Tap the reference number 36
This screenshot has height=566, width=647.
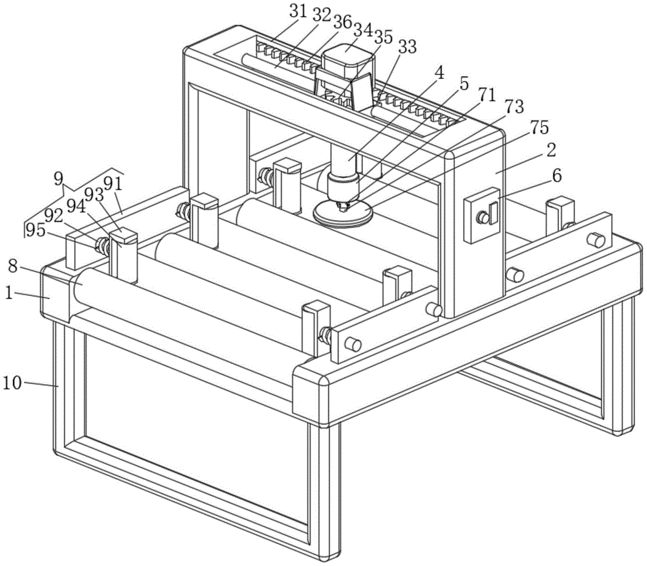pyautogui.click(x=342, y=22)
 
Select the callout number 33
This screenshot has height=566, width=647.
pyautogui.click(x=407, y=47)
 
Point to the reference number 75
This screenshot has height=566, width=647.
pyautogui.click(x=540, y=127)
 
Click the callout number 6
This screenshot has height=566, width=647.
pyautogui.click(x=556, y=175)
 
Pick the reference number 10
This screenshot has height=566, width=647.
pyautogui.click(x=12, y=383)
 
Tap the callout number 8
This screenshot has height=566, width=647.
pyautogui.click(x=13, y=266)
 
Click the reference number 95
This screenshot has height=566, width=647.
pyautogui.click(x=35, y=230)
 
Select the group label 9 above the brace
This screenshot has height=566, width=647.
pyautogui.click(x=59, y=179)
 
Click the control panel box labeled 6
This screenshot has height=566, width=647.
pyautogui.click(x=482, y=215)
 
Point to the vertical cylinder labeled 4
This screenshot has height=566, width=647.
pyautogui.click(x=343, y=159)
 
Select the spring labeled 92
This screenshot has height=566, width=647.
pyautogui.click(x=102, y=245)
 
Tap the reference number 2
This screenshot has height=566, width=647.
pyautogui.click(x=551, y=150)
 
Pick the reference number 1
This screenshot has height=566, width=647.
pyautogui.click(x=8, y=293)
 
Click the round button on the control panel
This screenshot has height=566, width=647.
pyautogui.click(x=482, y=217)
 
